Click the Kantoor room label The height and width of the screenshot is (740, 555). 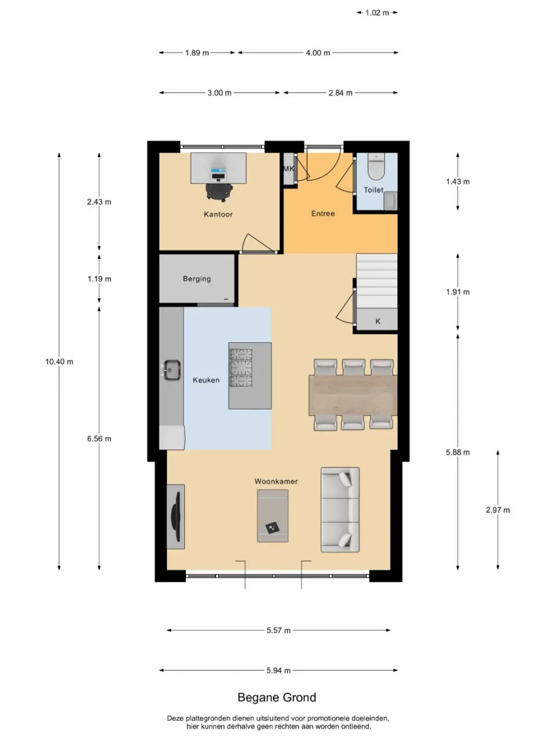pyautogui.click(x=218, y=214)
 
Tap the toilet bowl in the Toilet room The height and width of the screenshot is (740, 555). pyautogui.click(x=376, y=166)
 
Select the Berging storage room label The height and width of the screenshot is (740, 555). pyautogui.click(x=197, y=279)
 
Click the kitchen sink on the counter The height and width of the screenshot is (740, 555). pyautogui.click(x=172, y=370)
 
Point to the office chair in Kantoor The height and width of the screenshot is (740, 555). pyautogui.click(x=219, y=192)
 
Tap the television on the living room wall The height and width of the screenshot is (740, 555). pyautogui.click(x=176, y=517)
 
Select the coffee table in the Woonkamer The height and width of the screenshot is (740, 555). pyautogui.click(x=273, y=516)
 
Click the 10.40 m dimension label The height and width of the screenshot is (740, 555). pyautogui.click(x=60, y=362)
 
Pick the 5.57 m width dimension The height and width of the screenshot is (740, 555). pyautogui.click(x=279, y=630)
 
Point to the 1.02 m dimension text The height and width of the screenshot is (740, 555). pyautogui.click(x=377, y=13)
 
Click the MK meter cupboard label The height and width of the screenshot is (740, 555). pyautogui.click(x=288, y=169)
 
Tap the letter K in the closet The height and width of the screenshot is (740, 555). pyautogui.click(x=378, y=321)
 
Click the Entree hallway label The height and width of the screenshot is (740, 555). pyautogui.click(x=323, y=213)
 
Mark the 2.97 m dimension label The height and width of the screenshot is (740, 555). pyautogui.click(x=498, y=510)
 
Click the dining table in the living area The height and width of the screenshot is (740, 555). pyautogui.click(x=353, y=395)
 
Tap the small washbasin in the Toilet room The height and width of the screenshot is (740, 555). pyautogui.click(x=391, y=201)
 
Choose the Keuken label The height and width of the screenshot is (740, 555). pyautogui.click(x=206, y=380)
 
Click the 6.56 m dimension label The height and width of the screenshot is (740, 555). pyautogui.click(x=99, y=439)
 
